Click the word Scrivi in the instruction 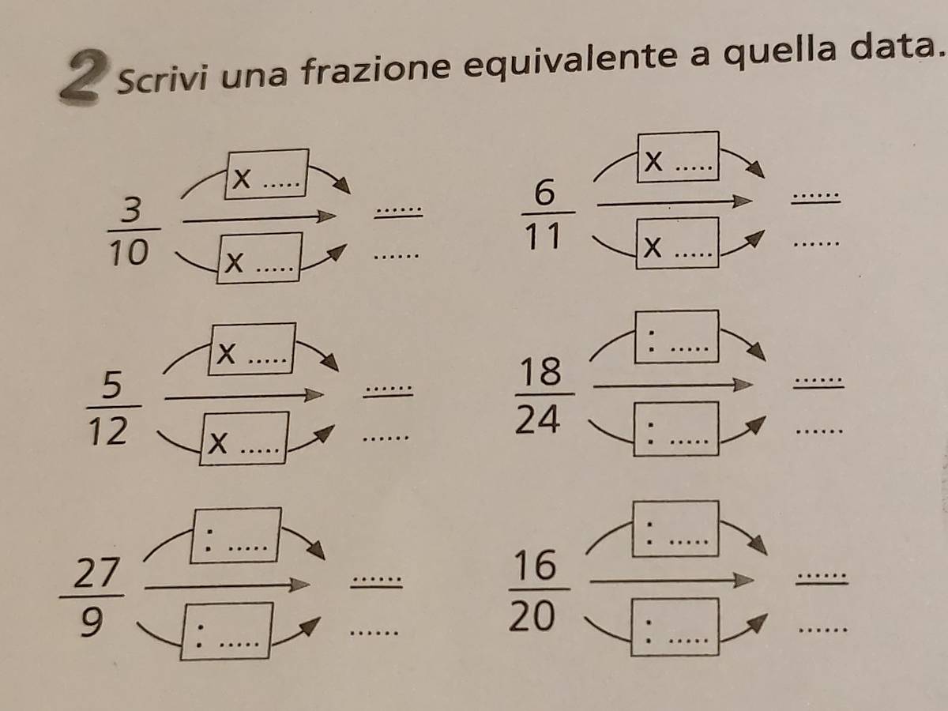[x=160, y=78]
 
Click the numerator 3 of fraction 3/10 [x=131, y=210]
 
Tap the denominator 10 [x=129, y=253]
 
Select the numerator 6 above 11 [x=544, y=194]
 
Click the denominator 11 [x=544, y=236]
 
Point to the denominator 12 [x=108, y=431]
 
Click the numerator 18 [x=540, y=371]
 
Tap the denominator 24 [x=538, y=419]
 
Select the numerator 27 [x=96, y=573]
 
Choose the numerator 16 [x=536, y=565]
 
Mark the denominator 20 [x=532, y=616]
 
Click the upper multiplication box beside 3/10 [x=267, y=174]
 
